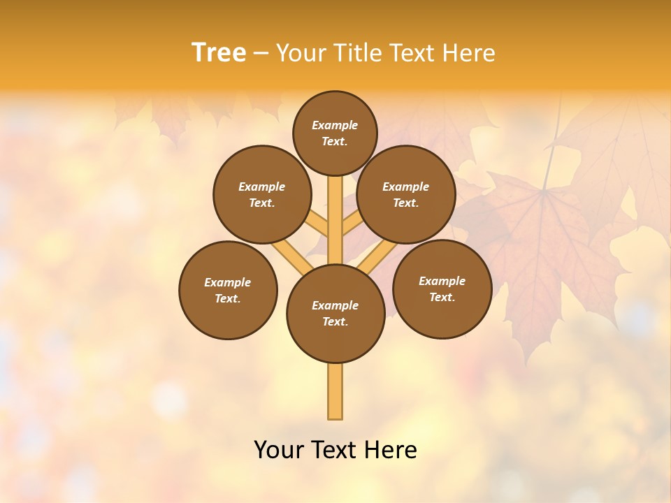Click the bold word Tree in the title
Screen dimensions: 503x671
click(x=219, y=53)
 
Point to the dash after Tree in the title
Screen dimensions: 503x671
click(x=260, y=54)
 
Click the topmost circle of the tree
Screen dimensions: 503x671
click(x=335, y=133)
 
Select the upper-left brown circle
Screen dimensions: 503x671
click(x=262, y=194)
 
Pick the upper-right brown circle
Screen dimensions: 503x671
click(x=406, y=194)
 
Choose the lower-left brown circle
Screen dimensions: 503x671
click(x=228, y=290)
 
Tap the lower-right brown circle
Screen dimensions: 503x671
click(x=442, y=289)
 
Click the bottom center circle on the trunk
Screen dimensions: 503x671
click(x=335, y=314)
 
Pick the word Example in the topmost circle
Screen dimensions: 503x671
click(x=335, y=125)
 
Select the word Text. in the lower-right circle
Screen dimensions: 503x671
click(x=442, y=297)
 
